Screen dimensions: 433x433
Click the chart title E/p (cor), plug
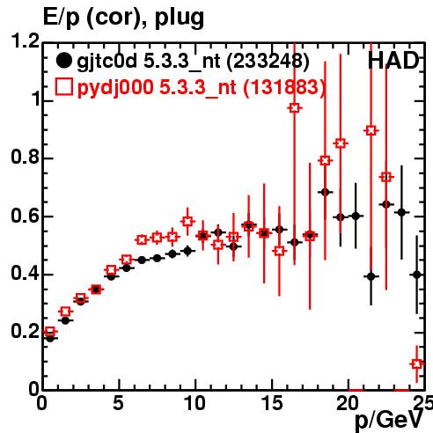(x=123, y=18)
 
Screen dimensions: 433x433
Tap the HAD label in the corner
(x=393, y=61)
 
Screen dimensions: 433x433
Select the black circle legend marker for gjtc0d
(x=63, y=61)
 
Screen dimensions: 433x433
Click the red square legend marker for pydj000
(x=63, y=87)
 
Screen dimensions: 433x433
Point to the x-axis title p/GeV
(x=389, y=420)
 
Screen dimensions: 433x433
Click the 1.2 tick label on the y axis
(x=26, y=40)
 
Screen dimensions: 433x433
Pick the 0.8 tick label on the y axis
(x=26, y=157)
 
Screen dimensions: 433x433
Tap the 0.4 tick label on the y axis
(x=26, y=273)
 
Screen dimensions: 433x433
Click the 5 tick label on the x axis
(x=118, y=403)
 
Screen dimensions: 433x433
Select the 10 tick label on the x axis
(x=194, y=403)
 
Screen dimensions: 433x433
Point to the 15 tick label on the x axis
(x=272, y=403)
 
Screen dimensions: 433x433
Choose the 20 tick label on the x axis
(x=349, y=403)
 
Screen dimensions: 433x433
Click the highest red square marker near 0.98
(x=295, y=108)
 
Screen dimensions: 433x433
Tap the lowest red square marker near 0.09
(x=417, y=364)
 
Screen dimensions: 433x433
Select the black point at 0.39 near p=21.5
(x=371, y=276)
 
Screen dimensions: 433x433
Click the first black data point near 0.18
(x=50, y=338)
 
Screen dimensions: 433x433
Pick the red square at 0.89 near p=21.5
(x=371, y=130)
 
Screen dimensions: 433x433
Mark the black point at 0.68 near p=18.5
(x=325, y=192)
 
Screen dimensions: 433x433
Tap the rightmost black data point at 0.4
(x=417, y=275)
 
